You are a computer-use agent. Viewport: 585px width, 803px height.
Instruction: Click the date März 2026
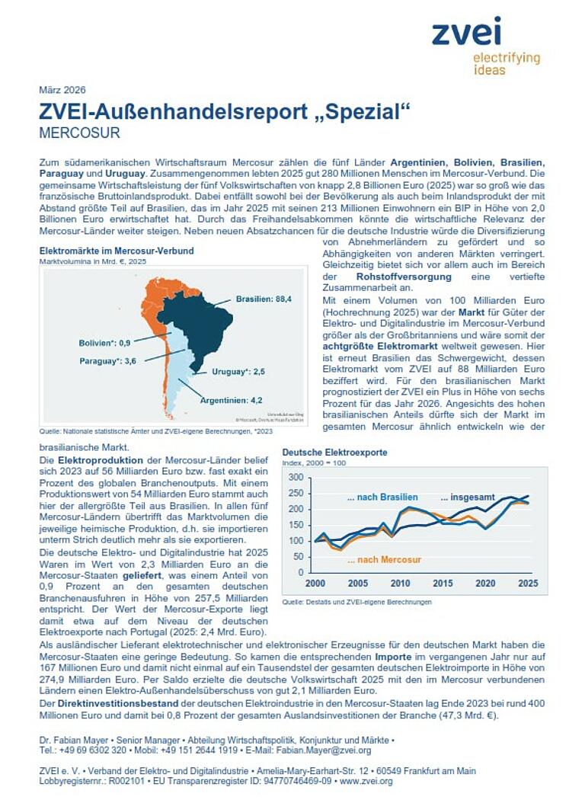[x=62, y=90]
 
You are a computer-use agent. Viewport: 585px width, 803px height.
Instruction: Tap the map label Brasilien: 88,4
[x=264, y=299]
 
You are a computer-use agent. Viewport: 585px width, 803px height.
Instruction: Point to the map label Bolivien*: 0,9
[x=104, y=343]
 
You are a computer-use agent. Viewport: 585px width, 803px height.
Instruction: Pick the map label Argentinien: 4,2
[x=231, y=399]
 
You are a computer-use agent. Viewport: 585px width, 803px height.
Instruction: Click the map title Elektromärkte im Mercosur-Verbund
[x=116, y=251]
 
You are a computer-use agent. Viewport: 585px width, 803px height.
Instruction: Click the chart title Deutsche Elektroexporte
[x=334, y=452]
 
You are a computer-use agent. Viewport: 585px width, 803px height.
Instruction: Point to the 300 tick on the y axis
[x=296, y=478]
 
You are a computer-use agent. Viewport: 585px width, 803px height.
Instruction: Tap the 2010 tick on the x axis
[x=399, y=582]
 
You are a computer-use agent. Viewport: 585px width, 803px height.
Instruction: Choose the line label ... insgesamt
[x=467, y=497]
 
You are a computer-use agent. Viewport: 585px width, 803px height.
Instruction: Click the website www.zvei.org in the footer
[x=366, y=781]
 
